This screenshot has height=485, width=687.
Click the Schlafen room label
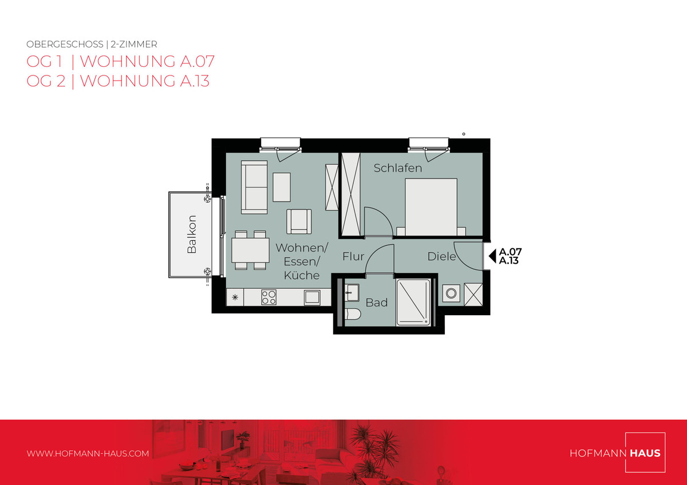click(x=397, y=168)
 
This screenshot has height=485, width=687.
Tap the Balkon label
click(x=192, y=234)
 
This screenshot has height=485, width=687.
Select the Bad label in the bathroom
click(x=377, y=303)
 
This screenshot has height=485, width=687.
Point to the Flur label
click(x=353, y=256)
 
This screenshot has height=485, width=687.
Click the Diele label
click(x=441, y=256)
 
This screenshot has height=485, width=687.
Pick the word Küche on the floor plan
click(x=302, y=275)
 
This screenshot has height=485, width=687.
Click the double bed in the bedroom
click(x=431, y=207)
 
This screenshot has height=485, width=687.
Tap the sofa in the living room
click(x=254, y=187)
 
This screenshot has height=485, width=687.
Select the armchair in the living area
click(x=299, y=221)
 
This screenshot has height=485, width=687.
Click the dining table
click(x=250, y=250)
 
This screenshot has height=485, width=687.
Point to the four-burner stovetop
click(x=269, y=297)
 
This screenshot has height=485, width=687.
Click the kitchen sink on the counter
click(x=312, y=297)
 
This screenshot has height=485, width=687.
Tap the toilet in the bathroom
click(x=353, y=314)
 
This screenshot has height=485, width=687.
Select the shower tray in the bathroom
click(x=413, y=303)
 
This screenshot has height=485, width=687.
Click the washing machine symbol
click(x=451, y=293)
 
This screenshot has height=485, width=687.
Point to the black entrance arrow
click(x=492, y=256)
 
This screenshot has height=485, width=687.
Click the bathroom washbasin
click(x=352, y=293)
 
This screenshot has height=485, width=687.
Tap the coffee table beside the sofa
click(x=282, y=187)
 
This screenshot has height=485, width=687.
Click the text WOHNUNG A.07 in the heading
click(x=147, y=61)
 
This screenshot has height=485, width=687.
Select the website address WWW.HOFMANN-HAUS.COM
click(x=88, y=454)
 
